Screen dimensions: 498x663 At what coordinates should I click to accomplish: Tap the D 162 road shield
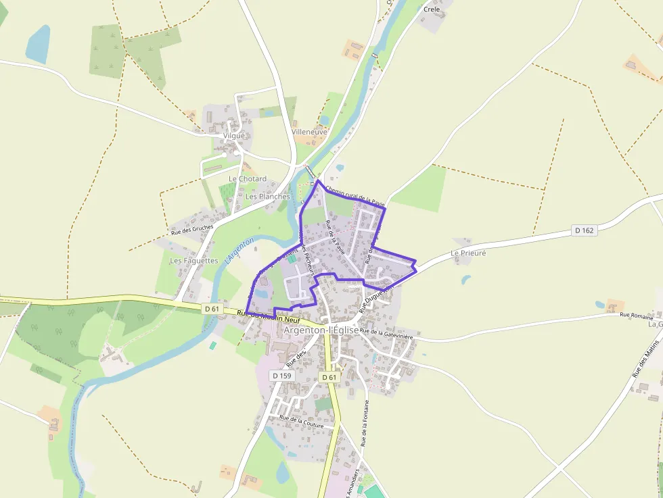tap(584, 230)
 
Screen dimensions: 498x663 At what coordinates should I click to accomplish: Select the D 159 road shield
tap(281, 375)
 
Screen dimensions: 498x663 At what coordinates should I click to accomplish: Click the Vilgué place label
tap(233, 135)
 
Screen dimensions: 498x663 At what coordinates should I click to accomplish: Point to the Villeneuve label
tap(309, 132)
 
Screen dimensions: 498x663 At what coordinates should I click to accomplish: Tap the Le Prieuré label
tap(468, 253)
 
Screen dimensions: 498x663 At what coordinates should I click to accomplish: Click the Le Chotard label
tap(248, 179)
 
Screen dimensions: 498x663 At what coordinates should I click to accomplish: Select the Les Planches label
tap(267, 197)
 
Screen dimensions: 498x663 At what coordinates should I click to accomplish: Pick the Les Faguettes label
tap(194, 260)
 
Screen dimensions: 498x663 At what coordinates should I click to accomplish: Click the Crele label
tap(431, 9)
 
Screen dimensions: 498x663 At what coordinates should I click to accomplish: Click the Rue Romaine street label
tap(637, 316)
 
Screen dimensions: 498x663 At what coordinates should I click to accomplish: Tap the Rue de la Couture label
tap(302, 421)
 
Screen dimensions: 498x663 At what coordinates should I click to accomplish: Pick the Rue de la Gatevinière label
tap(386, 331)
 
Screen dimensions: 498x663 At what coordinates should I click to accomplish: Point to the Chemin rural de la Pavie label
tap(355, 195)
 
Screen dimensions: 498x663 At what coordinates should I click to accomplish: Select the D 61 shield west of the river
tap(212, 309)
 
